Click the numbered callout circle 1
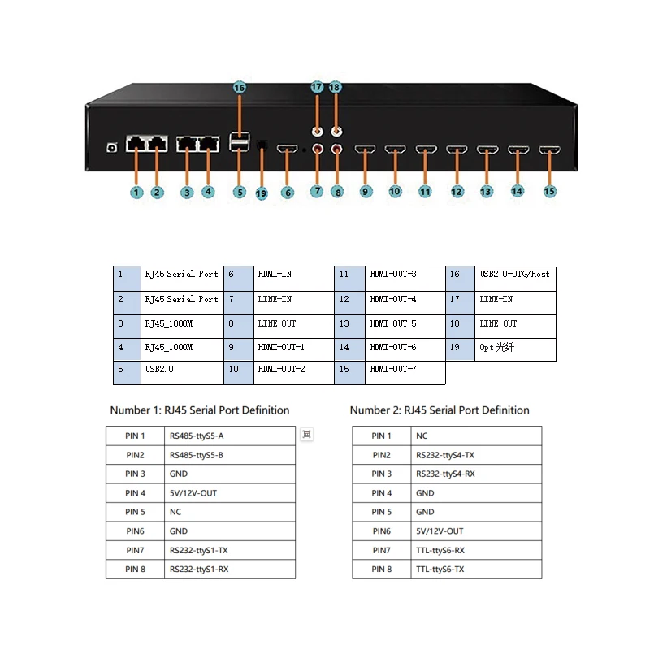point(136,193)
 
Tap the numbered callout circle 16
point(239,87)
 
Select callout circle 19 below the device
point(261,193)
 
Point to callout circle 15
point(550,191)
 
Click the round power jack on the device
point(113,147)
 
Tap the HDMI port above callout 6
point(287,149)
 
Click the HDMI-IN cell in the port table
point(293,275)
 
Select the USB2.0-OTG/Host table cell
point(513,275)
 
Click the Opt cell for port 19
point(513,348)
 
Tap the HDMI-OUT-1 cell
point(293,348)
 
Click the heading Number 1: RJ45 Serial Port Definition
point(200,410)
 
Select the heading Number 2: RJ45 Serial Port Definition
point(440,410)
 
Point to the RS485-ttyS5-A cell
point(231,436)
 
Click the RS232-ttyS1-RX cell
point(231,570)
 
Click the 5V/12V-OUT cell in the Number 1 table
point(231,493)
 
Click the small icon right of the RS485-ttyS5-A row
point(306,435)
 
